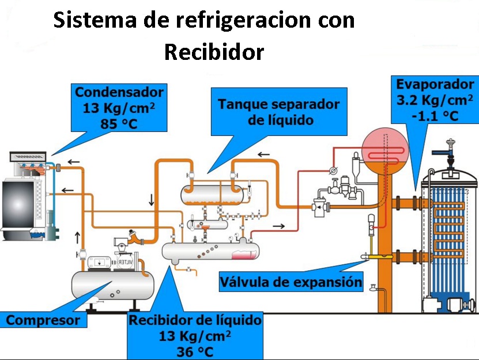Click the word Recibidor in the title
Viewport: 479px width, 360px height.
coord(214,52)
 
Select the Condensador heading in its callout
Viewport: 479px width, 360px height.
coord(119,92)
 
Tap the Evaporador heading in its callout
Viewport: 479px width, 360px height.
coord(435,85)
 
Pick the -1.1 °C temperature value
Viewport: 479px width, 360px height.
coord(435,115)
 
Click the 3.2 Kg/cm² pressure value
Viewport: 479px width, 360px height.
coord(435,100)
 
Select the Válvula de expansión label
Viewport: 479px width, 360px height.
coord(291,282)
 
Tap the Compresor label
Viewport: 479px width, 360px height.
coord(43,320)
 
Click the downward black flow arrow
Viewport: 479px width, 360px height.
coord(152,200)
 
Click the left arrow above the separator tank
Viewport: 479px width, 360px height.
coord(263,154)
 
